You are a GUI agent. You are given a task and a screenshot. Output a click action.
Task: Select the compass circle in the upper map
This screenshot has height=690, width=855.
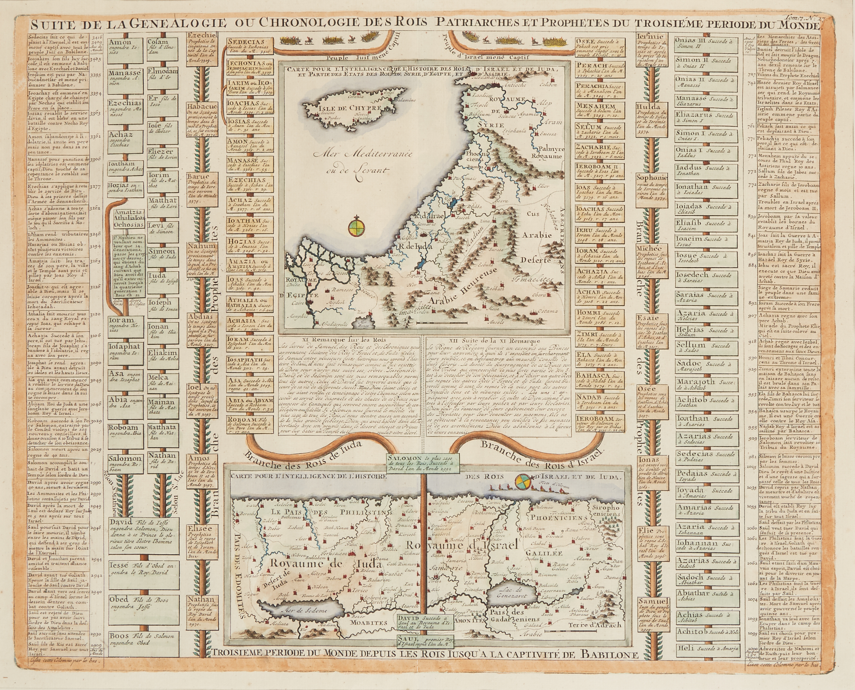pos(356,226)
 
